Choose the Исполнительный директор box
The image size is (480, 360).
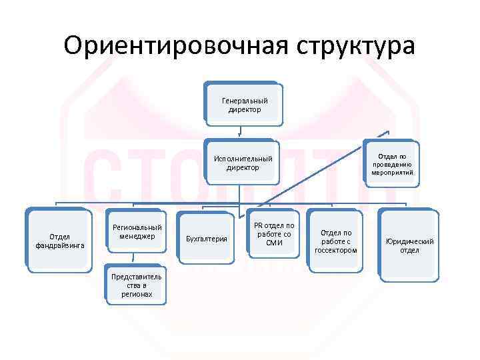(242, 163)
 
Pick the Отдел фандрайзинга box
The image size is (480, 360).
(60, 241)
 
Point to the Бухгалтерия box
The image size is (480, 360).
(207, 238)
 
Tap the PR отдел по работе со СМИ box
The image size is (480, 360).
(274, 234)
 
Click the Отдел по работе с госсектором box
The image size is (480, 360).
(336, 241)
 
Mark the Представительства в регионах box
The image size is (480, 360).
(138, 285)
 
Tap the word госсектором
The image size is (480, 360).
(336, 250)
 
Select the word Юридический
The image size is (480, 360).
(410, 241)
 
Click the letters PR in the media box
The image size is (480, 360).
(258, 225)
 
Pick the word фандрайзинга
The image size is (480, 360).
(60, 245)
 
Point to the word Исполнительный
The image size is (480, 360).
(243, 159)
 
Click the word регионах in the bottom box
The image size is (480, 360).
(138, 294)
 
